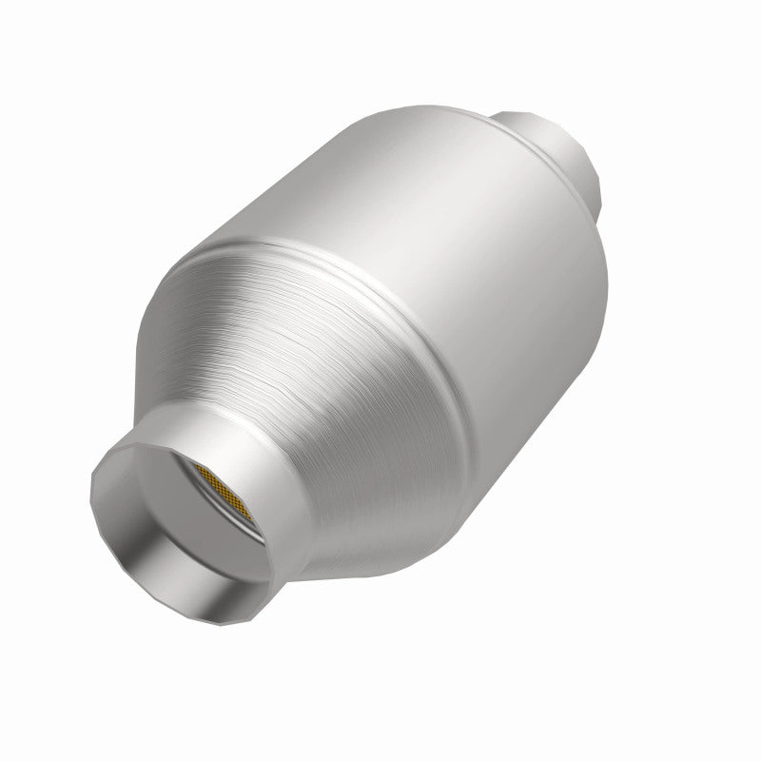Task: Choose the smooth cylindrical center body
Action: [x=428, y=285]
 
